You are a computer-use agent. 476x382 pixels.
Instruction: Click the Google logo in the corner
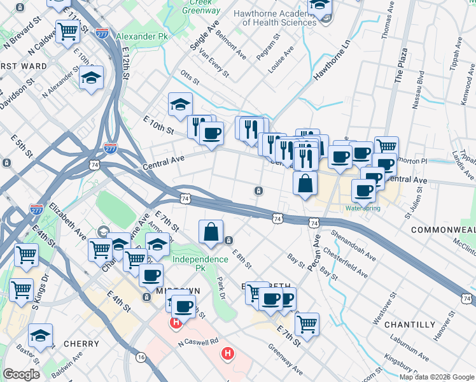click(21, 374)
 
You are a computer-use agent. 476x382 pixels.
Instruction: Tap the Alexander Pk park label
click(139, 37)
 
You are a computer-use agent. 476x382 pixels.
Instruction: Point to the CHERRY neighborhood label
click(81, 344)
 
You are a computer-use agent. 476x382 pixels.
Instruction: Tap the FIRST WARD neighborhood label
click(24, 66)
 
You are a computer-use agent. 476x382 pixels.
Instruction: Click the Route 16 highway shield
click(140, 358)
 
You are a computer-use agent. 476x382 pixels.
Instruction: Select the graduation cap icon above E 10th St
click(180, 104)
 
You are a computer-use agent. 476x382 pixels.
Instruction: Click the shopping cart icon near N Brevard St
click(67, 31)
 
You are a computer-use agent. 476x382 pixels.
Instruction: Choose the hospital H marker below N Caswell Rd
click(227, 353)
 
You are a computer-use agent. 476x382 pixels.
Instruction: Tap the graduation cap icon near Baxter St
click(40, 335)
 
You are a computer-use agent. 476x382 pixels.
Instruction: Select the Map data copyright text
click(437, 377)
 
